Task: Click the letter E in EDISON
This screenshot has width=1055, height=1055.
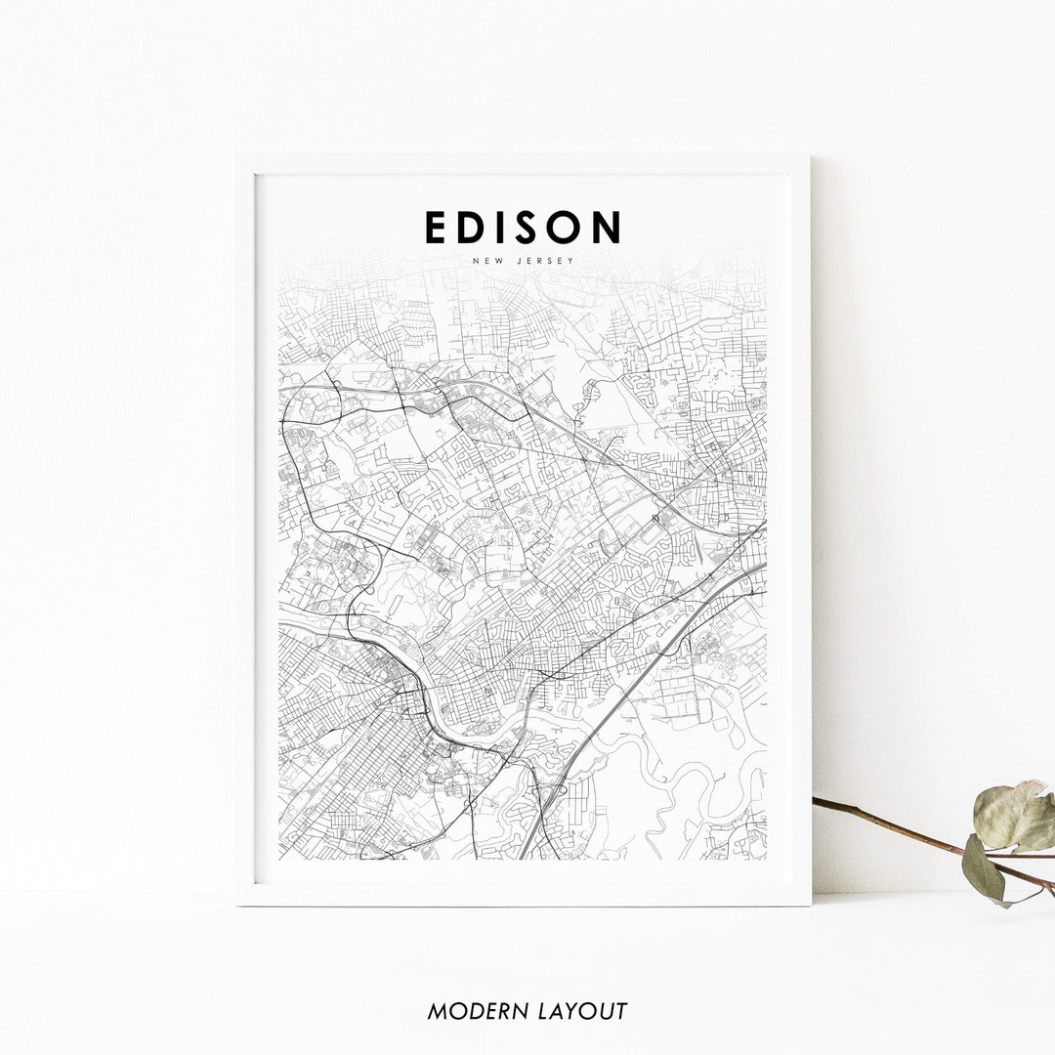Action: point(436,227)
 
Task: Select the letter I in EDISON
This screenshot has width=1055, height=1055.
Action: point(504,227)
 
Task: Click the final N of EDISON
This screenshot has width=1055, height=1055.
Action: point(608,227)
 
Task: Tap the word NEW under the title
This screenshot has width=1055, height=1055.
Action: point(487,261)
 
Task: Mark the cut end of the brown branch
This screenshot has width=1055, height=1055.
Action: point(816,801)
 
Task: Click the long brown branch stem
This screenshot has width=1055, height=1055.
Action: point(899,829)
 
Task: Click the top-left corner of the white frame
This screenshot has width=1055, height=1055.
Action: point(237,156)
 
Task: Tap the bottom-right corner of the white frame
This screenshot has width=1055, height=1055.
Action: point(810,905)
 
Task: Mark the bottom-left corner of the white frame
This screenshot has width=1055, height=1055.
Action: point(237,905)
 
